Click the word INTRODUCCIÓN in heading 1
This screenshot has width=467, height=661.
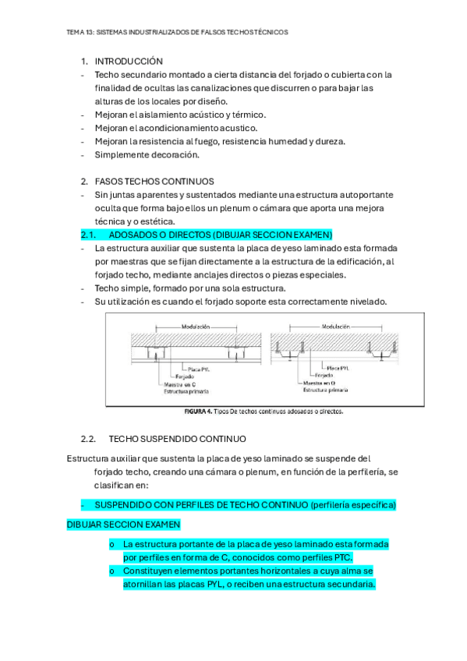tap(129, 61)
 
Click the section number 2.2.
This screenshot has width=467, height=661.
tap(88, 439)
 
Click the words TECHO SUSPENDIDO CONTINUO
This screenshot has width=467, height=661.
tap(177, 439)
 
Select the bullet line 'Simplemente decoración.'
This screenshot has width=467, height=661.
tap(147, 154)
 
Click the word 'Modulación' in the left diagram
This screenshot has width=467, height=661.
tap(196, 327)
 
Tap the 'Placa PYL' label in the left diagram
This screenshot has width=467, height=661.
tap(199, 367)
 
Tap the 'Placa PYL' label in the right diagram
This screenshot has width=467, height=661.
tap(336, 367)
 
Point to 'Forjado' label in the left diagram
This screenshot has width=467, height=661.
tap(195, 375)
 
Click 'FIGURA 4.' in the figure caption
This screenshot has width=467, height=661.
tap(198, 411)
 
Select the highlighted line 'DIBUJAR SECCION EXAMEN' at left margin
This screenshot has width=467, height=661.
tap(124, 525)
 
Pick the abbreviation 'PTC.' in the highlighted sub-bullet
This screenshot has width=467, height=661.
tap(341, 557)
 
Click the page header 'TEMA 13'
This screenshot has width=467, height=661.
tap(80, 33)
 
